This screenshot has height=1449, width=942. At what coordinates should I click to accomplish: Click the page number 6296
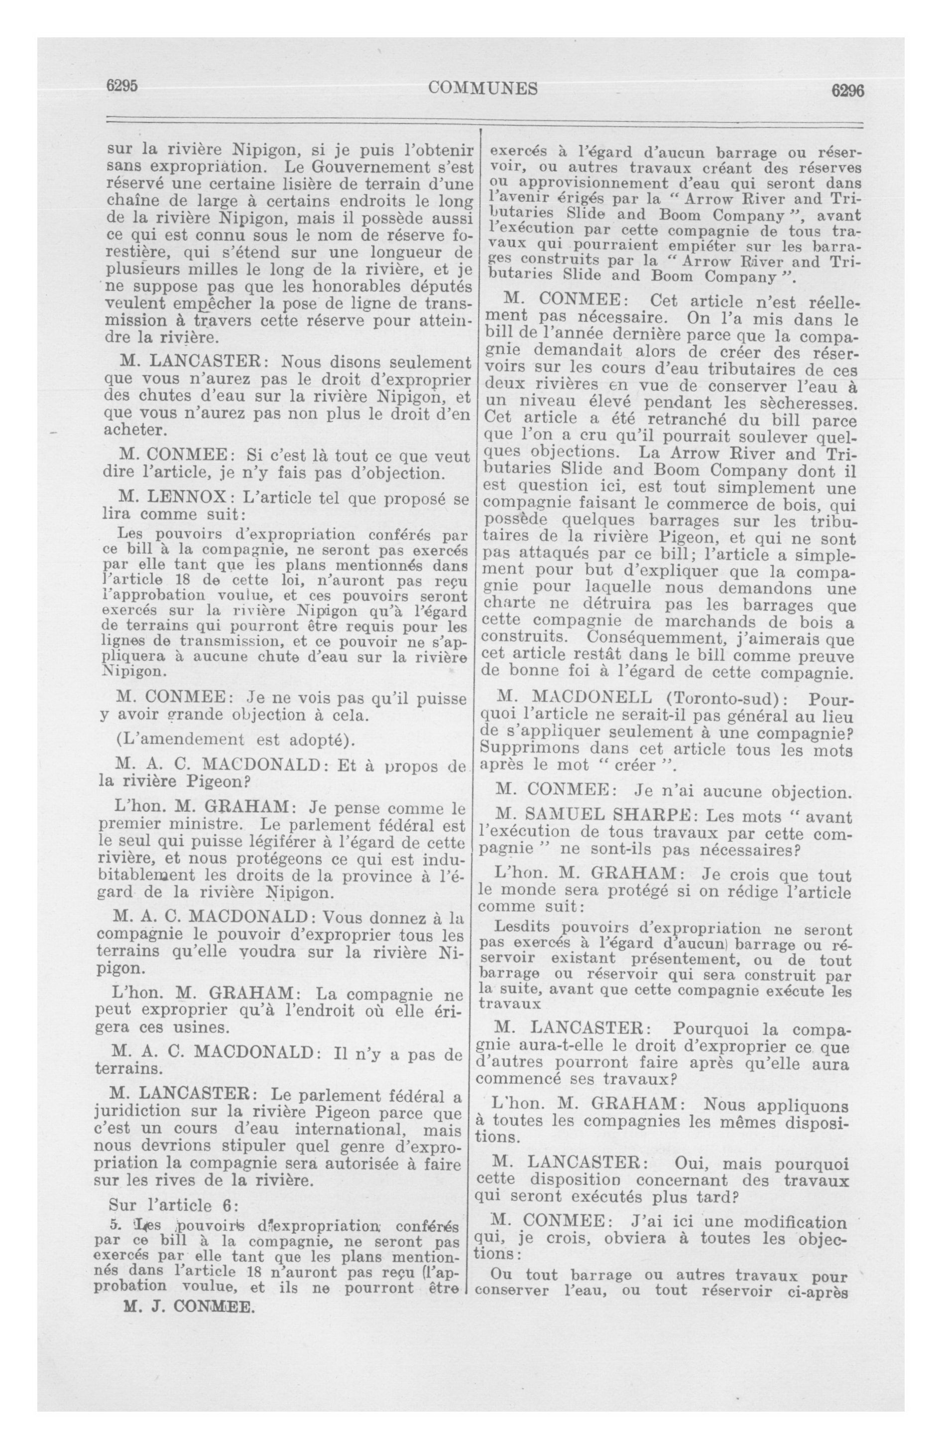pyautogui.click(x=848, y=90)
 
